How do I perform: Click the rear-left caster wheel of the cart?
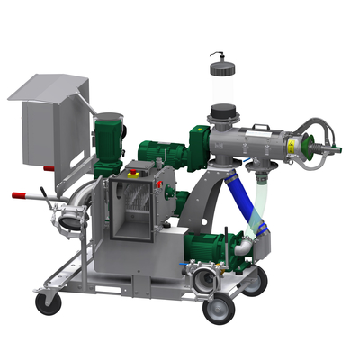coord(48,302)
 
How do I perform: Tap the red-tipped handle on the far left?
coord(20,194)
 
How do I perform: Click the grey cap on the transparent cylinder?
coord(219,60)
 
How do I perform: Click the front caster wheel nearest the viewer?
coord(218,310)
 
